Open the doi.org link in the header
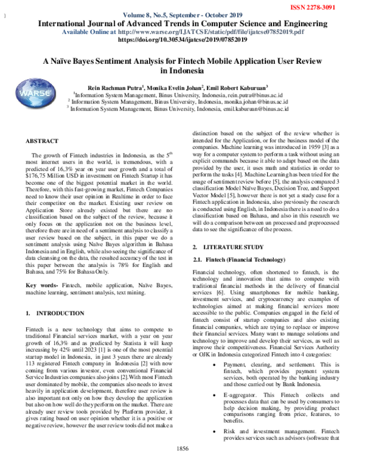coord(182,38)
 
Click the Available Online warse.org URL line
coord(182,31)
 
